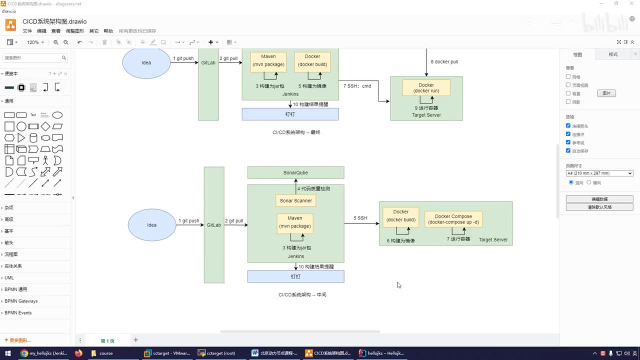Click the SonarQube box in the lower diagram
(295, 172)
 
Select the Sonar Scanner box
(295, 200)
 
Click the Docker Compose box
(453, 219)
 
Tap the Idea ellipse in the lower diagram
(152, 225)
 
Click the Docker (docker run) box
(426, 88)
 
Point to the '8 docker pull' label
(444, 62)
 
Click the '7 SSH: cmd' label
(357, 86)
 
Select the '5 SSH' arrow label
(360, 218)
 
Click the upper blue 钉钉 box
(290, 114)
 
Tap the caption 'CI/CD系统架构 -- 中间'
(302, 294)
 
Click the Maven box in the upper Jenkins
(268, 60)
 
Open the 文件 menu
(27, 31)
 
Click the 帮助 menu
(108, 31)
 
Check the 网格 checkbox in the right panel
(568, 77)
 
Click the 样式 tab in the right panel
(613, 54)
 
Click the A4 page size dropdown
(599, 173)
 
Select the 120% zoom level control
(35, 42)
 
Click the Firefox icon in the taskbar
(78, 353)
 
